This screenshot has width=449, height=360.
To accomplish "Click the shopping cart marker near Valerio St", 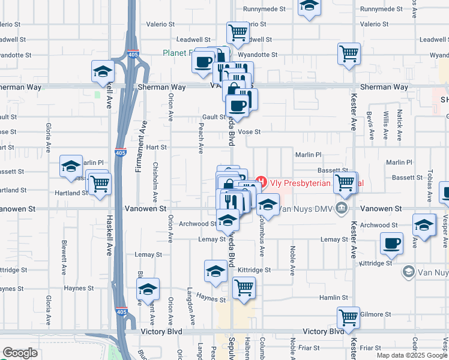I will [x=238, y=32].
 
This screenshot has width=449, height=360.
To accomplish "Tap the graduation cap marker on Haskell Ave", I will [x=103, y=71].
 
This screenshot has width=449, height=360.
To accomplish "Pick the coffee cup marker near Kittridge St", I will [x=391, y=243].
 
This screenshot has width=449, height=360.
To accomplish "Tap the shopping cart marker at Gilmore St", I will [x=348, y=317].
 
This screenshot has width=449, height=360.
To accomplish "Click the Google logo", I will [x=20, y=353].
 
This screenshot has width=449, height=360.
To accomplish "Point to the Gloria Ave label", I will [x=48, y=138].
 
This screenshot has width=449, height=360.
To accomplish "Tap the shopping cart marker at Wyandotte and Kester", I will [x=349, y=53].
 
